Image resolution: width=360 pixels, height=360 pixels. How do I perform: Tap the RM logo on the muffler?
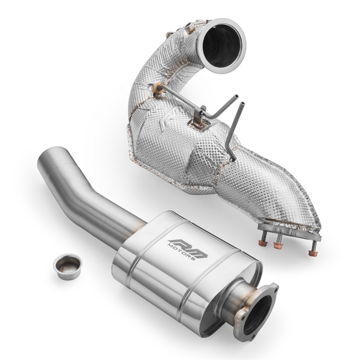188,245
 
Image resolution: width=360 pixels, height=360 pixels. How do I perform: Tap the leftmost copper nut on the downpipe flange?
262,242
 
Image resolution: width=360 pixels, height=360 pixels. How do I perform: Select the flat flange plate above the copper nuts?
289,232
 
